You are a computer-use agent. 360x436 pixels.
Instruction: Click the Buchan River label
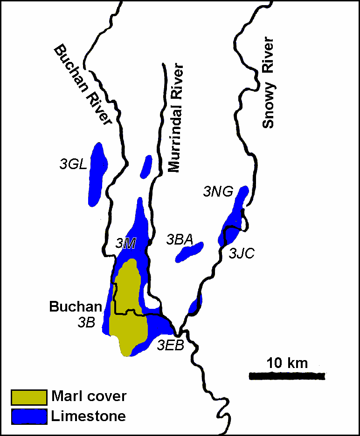pos(83,85)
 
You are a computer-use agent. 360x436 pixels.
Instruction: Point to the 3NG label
pos(218,191)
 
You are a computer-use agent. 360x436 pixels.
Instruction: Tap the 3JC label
pos(241,253)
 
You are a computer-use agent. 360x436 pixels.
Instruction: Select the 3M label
pos(125,243)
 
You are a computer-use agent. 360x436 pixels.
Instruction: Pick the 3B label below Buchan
pos(87,322)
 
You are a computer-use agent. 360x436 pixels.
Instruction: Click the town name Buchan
pos(76,307)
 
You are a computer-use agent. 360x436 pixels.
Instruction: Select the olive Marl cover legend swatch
pos(29,397)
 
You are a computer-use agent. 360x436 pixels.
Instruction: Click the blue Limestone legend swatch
pos(29,416)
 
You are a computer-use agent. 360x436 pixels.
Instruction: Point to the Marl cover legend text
pos(89,397)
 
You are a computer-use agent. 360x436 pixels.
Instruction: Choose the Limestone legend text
pos(89,416)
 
